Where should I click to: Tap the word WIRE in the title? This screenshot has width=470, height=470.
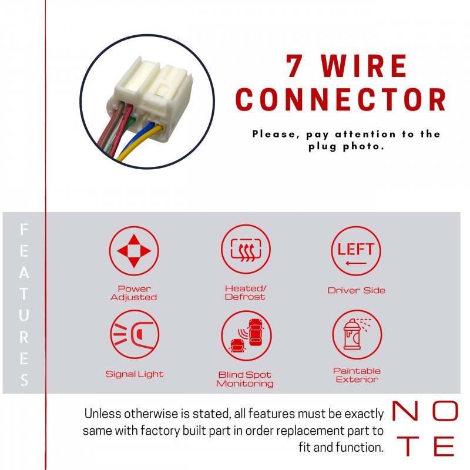coord(364,66)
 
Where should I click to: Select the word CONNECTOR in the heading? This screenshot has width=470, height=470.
coord(341,99)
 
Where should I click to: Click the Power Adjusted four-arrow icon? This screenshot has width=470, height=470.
coord(134,251)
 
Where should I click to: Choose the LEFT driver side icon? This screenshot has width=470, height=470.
coord(356,251)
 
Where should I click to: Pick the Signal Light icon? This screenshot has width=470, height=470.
coord(135,334)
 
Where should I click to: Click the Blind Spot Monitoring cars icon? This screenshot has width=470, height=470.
coord(246,335)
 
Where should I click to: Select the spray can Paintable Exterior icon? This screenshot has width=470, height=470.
coord(357,334)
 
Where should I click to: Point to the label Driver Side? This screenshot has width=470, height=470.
coord(357,290)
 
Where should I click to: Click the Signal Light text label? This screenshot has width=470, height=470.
coord(135,374)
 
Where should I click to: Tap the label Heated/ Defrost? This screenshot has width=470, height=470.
coord(245,293)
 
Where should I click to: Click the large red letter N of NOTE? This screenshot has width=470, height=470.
coord(405,411)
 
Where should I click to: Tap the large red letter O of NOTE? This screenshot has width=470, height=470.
coord(445,411)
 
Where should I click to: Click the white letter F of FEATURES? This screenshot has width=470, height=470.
coord(24,230)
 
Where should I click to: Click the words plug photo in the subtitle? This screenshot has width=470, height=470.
coord(346,146)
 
